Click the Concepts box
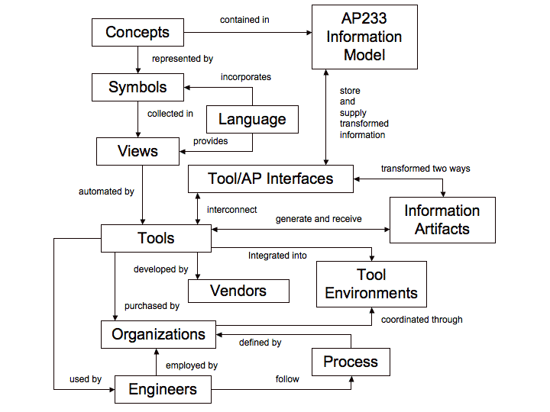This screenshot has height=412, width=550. pyautogui.click(x=137, y=32)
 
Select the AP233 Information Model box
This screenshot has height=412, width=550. pyautogui.click(x=364, y=37)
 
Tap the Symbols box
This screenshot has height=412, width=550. pyautogui.click(x=137, y=87)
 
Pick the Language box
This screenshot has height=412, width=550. pyautogui.click(x=252, y=119)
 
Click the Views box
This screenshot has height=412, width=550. pyautogui.click(x=137, y=151)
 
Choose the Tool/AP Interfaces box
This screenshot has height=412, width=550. pyautogui.click(x=270, y=179)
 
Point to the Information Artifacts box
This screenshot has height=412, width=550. pyautogui.click(x=442, y=220)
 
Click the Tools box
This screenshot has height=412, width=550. pyautogui.click(x=156, y=238)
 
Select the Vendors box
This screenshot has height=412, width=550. pyautogui.click(x=238, y=291)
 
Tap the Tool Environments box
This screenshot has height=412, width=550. pyautogui.click(x=371, y=284)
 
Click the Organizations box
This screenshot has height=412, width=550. pyautogui.click(x=158, y=334)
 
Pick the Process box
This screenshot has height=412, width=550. pyautogui.click(x=351, y=362)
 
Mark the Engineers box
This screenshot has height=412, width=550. pyautogui.click(x=162, y=389)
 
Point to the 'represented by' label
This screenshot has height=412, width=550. pyautogui.click(x=182, y=58)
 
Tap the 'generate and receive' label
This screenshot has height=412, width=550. pyautogui.click(x=319, y=219)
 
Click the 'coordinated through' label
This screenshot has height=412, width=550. pyautogui.click(x=422, y=320)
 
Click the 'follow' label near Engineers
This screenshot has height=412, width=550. pyautogui.click(x=287, y=378)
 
